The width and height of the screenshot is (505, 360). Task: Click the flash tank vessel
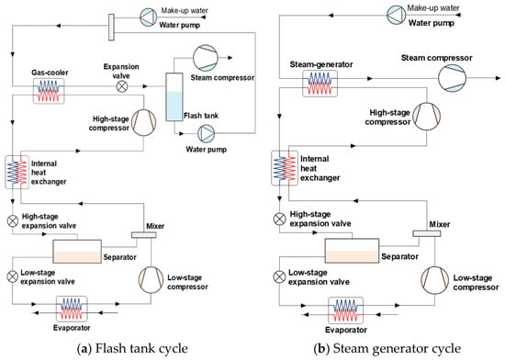click(x=174, y=97)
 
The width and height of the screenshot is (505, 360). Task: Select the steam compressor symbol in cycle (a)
click(x=206, y=58)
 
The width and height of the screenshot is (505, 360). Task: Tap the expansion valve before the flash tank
click(x=122, y=86)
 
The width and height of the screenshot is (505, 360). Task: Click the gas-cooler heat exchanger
click(x=49, y=91)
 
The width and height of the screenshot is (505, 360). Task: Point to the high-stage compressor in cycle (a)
click(x=143, y=122)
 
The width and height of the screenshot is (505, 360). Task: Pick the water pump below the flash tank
click(x=206, y=133)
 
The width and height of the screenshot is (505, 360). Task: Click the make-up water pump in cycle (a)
click(x=149, y=17)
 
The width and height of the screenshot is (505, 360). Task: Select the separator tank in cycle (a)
click(x=77, y=252)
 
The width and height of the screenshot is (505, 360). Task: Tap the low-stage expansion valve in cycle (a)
click(x=13, y=276)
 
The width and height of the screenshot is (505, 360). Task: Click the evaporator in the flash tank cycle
click(x=72, y=309)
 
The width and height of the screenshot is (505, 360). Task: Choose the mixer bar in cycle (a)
click(x=143, y=235)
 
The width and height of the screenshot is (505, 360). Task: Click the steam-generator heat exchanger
click(x=320, y=84)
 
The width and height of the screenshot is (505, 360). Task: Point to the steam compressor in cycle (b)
click(x=452, y=78)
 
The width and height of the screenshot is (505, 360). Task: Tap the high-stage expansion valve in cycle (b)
click(x=279, y=219)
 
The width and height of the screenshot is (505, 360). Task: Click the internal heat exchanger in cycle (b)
click(x=285, y=168)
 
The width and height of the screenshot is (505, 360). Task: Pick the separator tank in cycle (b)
click(x=352, y=251)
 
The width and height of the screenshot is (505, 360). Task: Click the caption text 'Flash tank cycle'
click(x=141, y=348)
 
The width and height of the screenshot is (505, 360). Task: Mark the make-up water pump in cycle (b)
click(x=397, y=15)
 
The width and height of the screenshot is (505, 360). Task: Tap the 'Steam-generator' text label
click(x=321, y=64)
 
